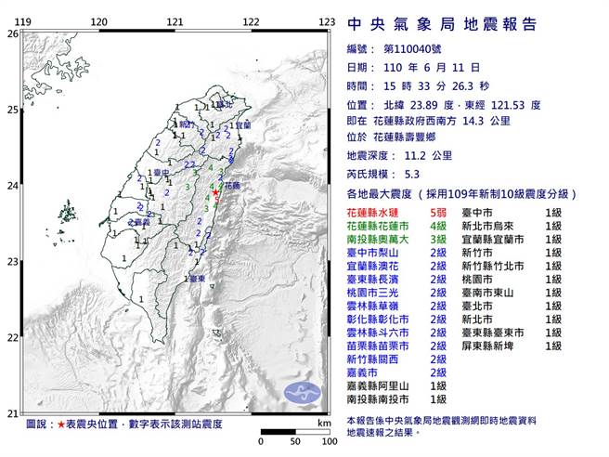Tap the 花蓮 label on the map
[234, 186]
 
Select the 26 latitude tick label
[12, 33]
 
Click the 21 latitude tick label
[12, 413]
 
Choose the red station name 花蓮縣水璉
[374, 213]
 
